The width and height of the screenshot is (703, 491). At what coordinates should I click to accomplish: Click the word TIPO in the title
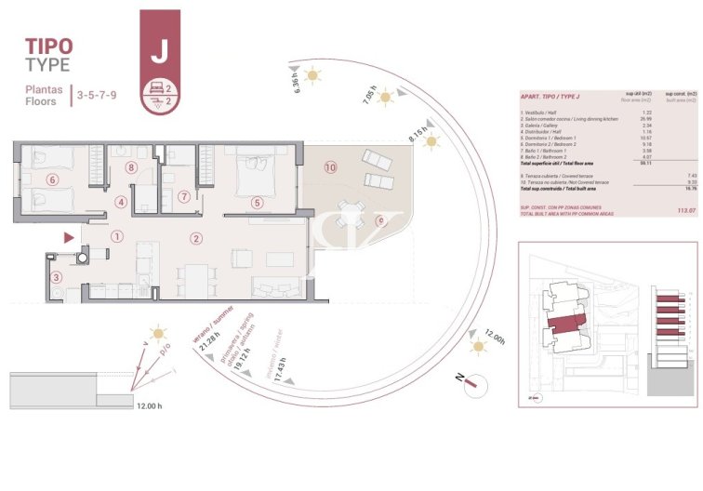point(48,46)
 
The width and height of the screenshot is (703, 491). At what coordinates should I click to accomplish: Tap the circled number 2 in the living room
point(196,238)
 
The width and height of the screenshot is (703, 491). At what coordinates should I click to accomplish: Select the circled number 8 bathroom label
point(132,168)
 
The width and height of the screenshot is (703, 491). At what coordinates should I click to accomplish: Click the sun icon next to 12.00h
point(478,347)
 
